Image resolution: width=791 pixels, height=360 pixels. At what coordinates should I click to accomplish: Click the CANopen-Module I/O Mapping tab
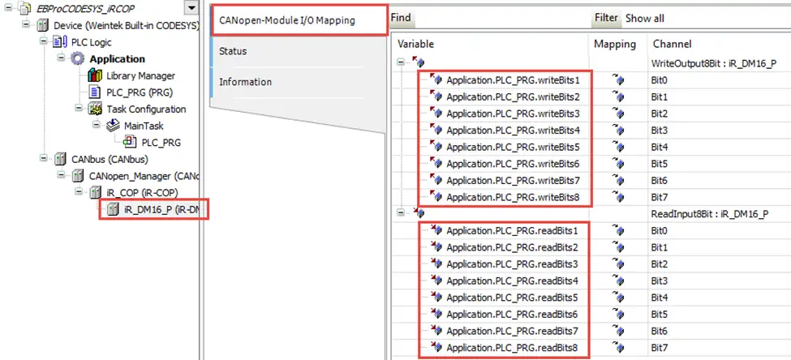coord(286,20)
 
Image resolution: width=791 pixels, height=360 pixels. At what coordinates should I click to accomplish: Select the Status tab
coord(233,51)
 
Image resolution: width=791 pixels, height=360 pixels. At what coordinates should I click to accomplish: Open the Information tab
coord(245,82)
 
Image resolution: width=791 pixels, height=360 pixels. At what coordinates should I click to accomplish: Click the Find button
coord(401,18)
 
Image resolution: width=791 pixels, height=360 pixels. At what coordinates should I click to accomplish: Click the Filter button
coord(606,18)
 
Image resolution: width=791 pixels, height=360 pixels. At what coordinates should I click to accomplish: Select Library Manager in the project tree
coord(140,76)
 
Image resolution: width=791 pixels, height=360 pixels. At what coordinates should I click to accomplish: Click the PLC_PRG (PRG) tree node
coord(140,92)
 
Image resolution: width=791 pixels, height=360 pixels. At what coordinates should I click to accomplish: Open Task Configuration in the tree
coord(146,109)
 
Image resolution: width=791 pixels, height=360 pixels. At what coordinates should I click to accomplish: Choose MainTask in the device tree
coord(144,126)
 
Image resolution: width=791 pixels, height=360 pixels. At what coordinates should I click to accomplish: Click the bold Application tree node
coord(117,59)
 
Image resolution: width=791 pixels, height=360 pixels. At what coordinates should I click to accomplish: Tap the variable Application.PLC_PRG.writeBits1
coord(513,80)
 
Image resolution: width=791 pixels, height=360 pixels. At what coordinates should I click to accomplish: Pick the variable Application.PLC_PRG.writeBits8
coord(513,197)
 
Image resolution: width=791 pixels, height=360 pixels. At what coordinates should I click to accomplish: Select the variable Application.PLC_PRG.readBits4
coord(512,281)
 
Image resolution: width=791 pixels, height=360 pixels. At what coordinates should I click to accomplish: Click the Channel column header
coord(672,44)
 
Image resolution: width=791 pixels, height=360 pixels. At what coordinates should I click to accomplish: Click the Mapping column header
coord(615,44)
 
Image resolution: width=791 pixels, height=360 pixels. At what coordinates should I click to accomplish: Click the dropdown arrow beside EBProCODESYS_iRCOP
coord(191,9)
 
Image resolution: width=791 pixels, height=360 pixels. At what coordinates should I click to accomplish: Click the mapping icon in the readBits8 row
coord(618,348)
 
